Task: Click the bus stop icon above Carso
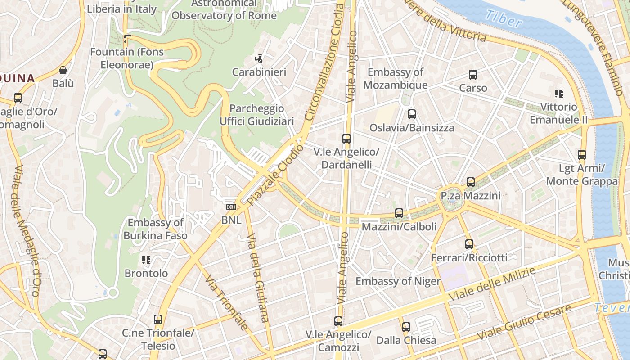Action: click(473, 75)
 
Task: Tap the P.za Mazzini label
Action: click(470, 196)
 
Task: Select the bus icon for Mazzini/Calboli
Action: click(399, 213)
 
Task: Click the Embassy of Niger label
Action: click(398, 281)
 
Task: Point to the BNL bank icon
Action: click(231, 207)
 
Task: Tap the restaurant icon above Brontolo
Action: click(146, 260)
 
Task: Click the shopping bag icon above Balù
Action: click(63, 70)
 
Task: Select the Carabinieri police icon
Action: click(259, 58)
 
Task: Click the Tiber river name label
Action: click(504, 18)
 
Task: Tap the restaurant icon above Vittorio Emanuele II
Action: click(559, 94)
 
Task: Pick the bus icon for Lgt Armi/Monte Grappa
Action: click(582, 155)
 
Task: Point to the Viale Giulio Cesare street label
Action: click(524, 322)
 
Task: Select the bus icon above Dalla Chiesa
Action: click(406, 327)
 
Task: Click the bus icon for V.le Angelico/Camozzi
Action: click(338, 321)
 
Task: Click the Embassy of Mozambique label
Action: click(395, 78)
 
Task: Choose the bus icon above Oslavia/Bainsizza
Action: click(411, 114)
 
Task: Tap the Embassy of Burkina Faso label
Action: click(155, 229)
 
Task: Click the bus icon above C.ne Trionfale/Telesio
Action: click(157, 319)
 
